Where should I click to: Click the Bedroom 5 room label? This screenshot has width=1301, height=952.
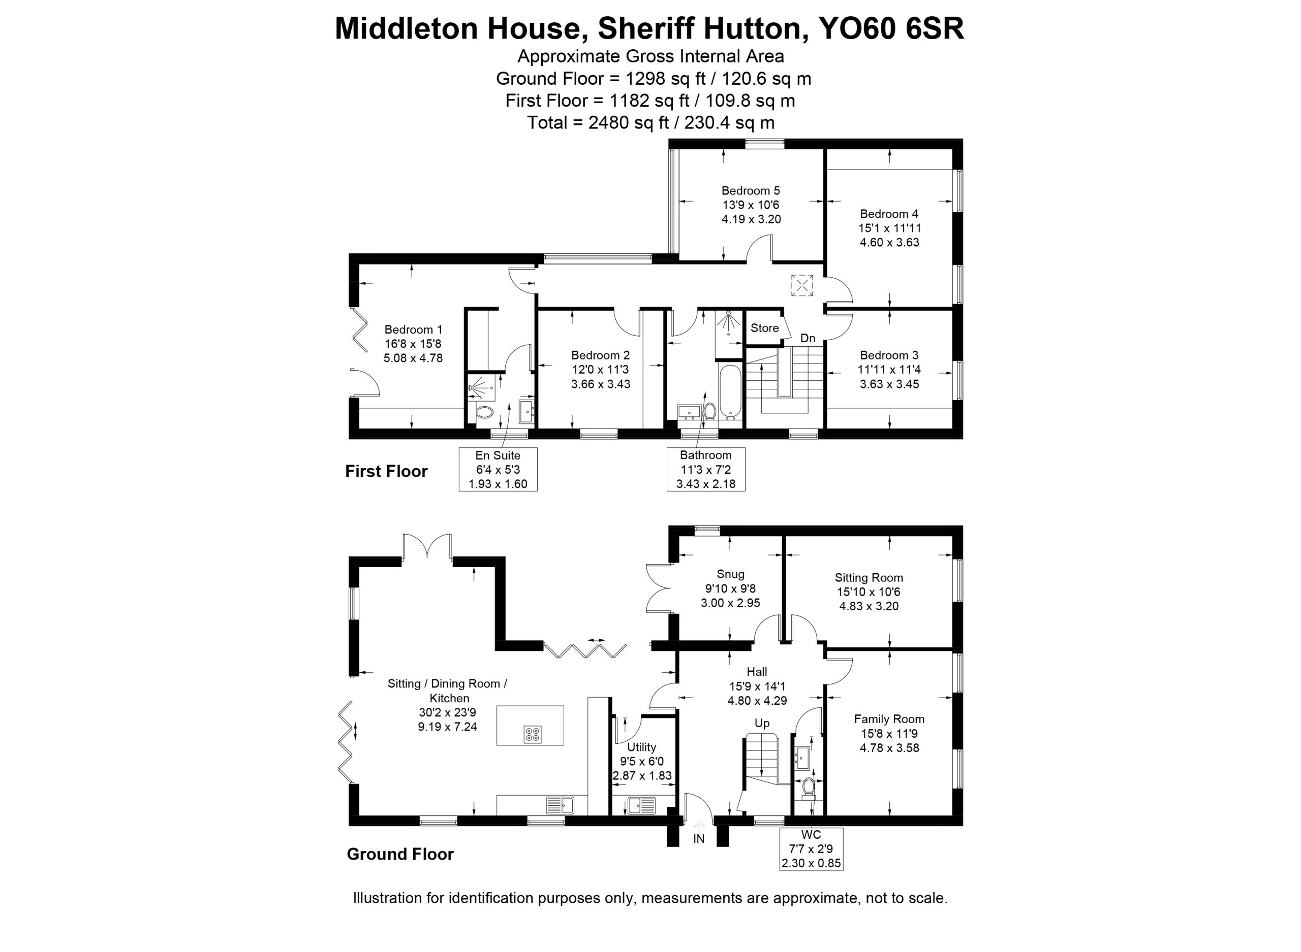coord(750,191)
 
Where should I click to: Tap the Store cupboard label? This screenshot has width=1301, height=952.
coord(764,328)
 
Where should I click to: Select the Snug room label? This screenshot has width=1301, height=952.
coord(730,574)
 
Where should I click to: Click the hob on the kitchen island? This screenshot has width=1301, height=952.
coord(532,734)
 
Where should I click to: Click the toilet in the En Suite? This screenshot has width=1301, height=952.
coord(485,413)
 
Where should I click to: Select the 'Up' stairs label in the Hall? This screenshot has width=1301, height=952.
coord(762,723)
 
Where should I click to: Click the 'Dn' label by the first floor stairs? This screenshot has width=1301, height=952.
coord(808,338)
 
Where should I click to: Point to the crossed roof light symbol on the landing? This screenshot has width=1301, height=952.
coord(801,285)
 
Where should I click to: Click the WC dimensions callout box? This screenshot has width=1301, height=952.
coord(811,849)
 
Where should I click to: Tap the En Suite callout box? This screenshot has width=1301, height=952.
coord(498,469)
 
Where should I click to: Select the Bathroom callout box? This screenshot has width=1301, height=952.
coord(705,469)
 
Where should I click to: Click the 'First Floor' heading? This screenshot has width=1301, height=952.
coord(386,471)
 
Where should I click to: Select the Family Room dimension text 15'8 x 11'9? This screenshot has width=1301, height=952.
coord(889,734)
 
